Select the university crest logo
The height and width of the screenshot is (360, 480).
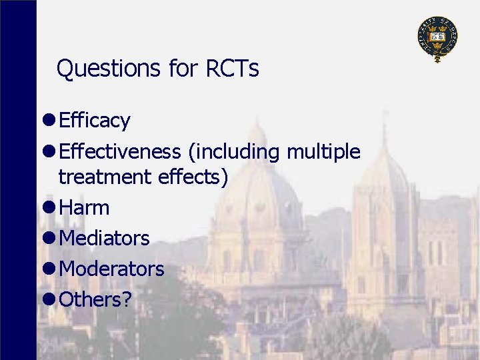tap(437, 37)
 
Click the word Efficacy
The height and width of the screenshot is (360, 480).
tap(94, 121)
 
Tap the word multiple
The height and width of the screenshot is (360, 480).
tap(323, 152)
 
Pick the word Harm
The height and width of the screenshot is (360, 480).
tap(84, 208)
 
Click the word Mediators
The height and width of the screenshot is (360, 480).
tap(104, 238)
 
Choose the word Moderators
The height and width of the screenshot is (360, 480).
tap(111, 269)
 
